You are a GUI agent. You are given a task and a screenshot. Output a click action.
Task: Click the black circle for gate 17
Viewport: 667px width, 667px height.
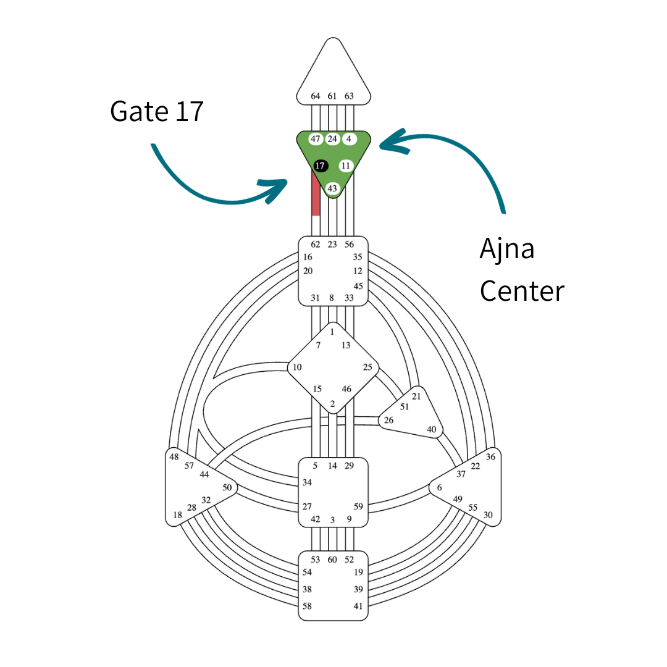coord(320,166)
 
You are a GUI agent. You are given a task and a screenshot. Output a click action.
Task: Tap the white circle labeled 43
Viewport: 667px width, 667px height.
coord(333,188)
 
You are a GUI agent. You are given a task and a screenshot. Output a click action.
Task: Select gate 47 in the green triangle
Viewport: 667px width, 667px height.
coord(316,139)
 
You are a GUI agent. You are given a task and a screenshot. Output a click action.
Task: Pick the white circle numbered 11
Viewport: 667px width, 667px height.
coord(346,166)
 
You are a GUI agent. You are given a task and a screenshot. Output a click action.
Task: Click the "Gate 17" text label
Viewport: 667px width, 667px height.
coord(156,111)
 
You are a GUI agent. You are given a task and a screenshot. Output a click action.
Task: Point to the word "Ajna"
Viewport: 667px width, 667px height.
coord(507,249)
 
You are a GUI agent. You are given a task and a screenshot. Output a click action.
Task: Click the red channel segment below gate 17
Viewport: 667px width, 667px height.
coord(316,198)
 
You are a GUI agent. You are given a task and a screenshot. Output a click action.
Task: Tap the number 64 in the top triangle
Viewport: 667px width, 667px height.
coord(316,96)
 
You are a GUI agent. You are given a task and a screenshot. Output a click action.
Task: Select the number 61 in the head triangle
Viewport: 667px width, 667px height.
coord(332,96)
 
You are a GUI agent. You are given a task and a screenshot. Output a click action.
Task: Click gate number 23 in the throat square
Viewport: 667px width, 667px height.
coord(332,245)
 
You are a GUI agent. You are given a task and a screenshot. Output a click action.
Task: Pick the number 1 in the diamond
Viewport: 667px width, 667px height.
coord(332,332)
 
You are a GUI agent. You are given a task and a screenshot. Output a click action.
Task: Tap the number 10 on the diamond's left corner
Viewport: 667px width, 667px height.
coord(297,367)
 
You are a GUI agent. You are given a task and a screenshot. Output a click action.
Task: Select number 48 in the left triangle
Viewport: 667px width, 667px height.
coord(174,457)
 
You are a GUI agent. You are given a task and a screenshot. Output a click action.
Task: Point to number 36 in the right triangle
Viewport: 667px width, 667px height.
coord(491,457)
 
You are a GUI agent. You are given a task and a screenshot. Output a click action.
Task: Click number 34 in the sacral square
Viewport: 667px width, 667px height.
coord(307,482)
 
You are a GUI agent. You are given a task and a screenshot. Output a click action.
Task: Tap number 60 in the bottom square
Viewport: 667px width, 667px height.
coord(332,560)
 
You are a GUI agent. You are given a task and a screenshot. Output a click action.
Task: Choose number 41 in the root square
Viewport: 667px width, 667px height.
coord(358,606)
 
